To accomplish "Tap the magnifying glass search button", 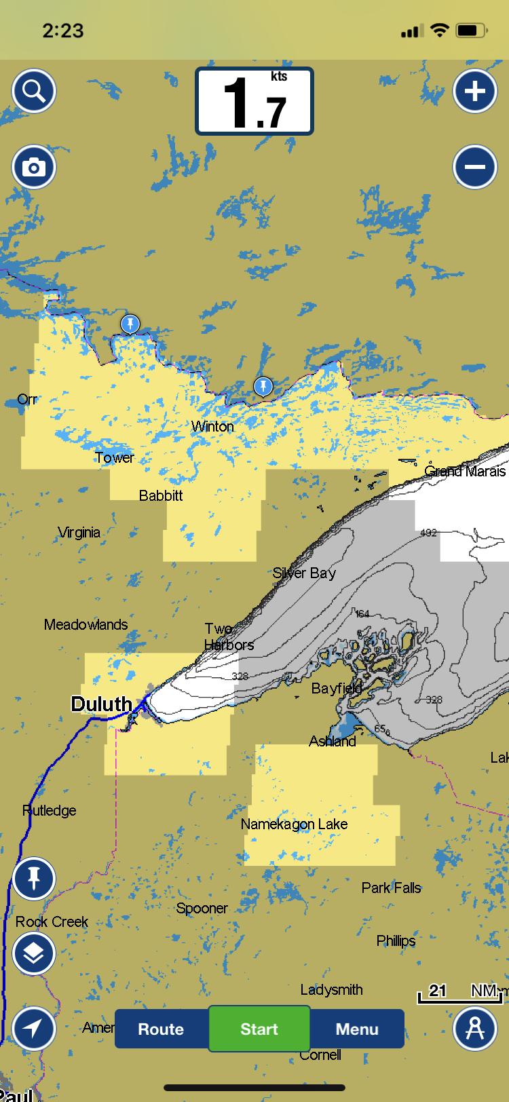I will [33, 91].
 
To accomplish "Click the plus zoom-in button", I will [474, 91].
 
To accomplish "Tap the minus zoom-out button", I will [474, 167].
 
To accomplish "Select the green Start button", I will [259, 1029].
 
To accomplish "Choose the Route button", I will [161, 1029].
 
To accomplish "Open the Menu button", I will [357, 1029].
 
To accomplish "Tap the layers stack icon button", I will [33, 953].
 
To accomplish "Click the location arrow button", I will [33, 1029].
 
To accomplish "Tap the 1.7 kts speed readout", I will [254, 101].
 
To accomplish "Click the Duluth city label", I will [101, 704].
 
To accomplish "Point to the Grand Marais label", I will [465, 471].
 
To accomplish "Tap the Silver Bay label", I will [304, 573].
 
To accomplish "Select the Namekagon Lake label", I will [294, 824].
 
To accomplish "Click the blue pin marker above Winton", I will [263, 387].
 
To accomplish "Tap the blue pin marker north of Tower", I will [130, 324].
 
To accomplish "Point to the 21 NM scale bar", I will [459, 993].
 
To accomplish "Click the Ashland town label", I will [333, 741].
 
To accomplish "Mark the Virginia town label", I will [79, 532].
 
